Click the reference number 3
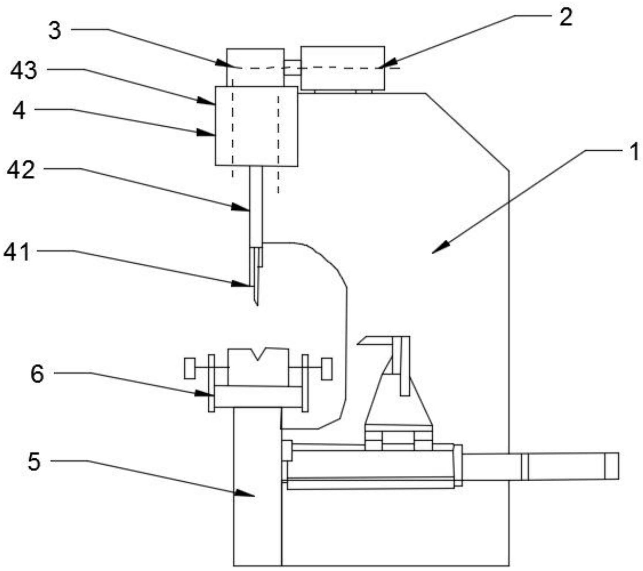55,31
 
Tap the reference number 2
566,17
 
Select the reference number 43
24,71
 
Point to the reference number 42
21,170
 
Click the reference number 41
17,252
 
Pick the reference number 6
37,374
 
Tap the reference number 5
34,462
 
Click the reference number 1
634,152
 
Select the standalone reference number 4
19,110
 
